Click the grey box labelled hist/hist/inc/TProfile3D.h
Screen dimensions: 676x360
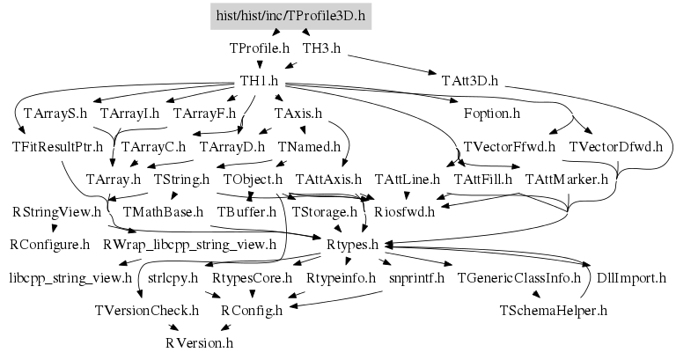(x=290, y=15)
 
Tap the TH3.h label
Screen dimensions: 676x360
(x=320, y=48)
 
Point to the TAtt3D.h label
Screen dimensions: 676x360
(x=470, y=81)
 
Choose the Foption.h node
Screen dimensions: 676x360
(x=491, y=114)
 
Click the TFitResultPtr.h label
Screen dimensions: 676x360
(x=57, y=146)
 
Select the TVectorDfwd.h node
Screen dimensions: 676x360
(x=615, y=146)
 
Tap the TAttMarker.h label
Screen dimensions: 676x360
(x=566, y=180)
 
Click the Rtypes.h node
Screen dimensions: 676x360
(x=351, y=245)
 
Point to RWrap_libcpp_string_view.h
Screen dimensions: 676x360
(x=189, y=245)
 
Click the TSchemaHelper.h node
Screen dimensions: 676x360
(x=553, y=311)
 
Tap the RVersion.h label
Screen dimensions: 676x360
(x=199, y=343)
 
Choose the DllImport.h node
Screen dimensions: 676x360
(x=630, y=278)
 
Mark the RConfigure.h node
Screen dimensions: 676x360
(x=49, y=245)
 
